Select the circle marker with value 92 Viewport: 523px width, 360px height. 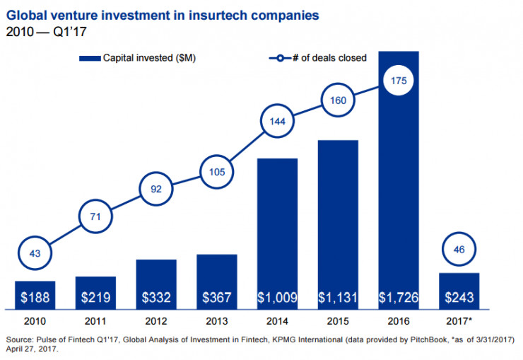click(x=155, y=188)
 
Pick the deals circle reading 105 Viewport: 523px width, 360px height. click(x=216, y=171)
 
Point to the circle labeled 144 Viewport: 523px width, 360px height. click(x=277, y=122)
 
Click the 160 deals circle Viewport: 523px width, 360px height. click(x=337, y=99)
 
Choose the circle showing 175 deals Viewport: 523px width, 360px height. click(x=398, y=81)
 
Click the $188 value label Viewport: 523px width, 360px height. click(x=35, y=298)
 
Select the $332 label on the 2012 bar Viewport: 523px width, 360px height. click(x=156, y=298)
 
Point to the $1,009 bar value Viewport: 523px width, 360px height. click(x=277, y=298)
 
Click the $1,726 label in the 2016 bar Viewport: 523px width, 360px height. click(x=398, y=298)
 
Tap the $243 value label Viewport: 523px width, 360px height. click(x=459, y=298)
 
